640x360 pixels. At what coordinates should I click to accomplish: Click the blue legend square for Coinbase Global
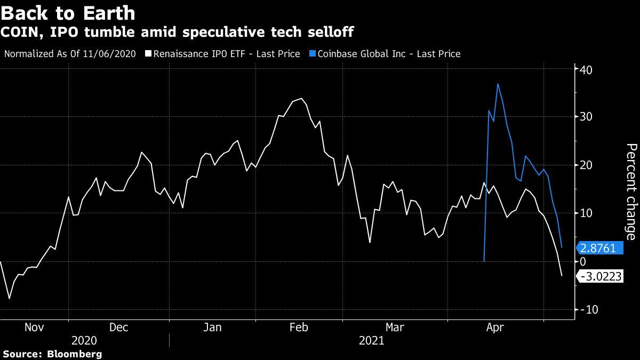tap(313, 54)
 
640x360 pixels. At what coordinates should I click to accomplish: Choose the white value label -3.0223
tap(599, 276)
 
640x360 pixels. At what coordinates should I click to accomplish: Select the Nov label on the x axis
tap(35, 327)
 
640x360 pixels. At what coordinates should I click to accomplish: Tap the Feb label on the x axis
tap(299, 327)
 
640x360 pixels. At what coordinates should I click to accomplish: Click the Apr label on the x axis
tap(495, 327)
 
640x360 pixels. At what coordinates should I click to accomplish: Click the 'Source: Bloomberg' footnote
tap(52, 354)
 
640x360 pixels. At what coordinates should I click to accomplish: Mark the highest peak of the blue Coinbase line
tap(498, 84)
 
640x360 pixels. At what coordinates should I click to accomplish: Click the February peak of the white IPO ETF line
tap(302, 98)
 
